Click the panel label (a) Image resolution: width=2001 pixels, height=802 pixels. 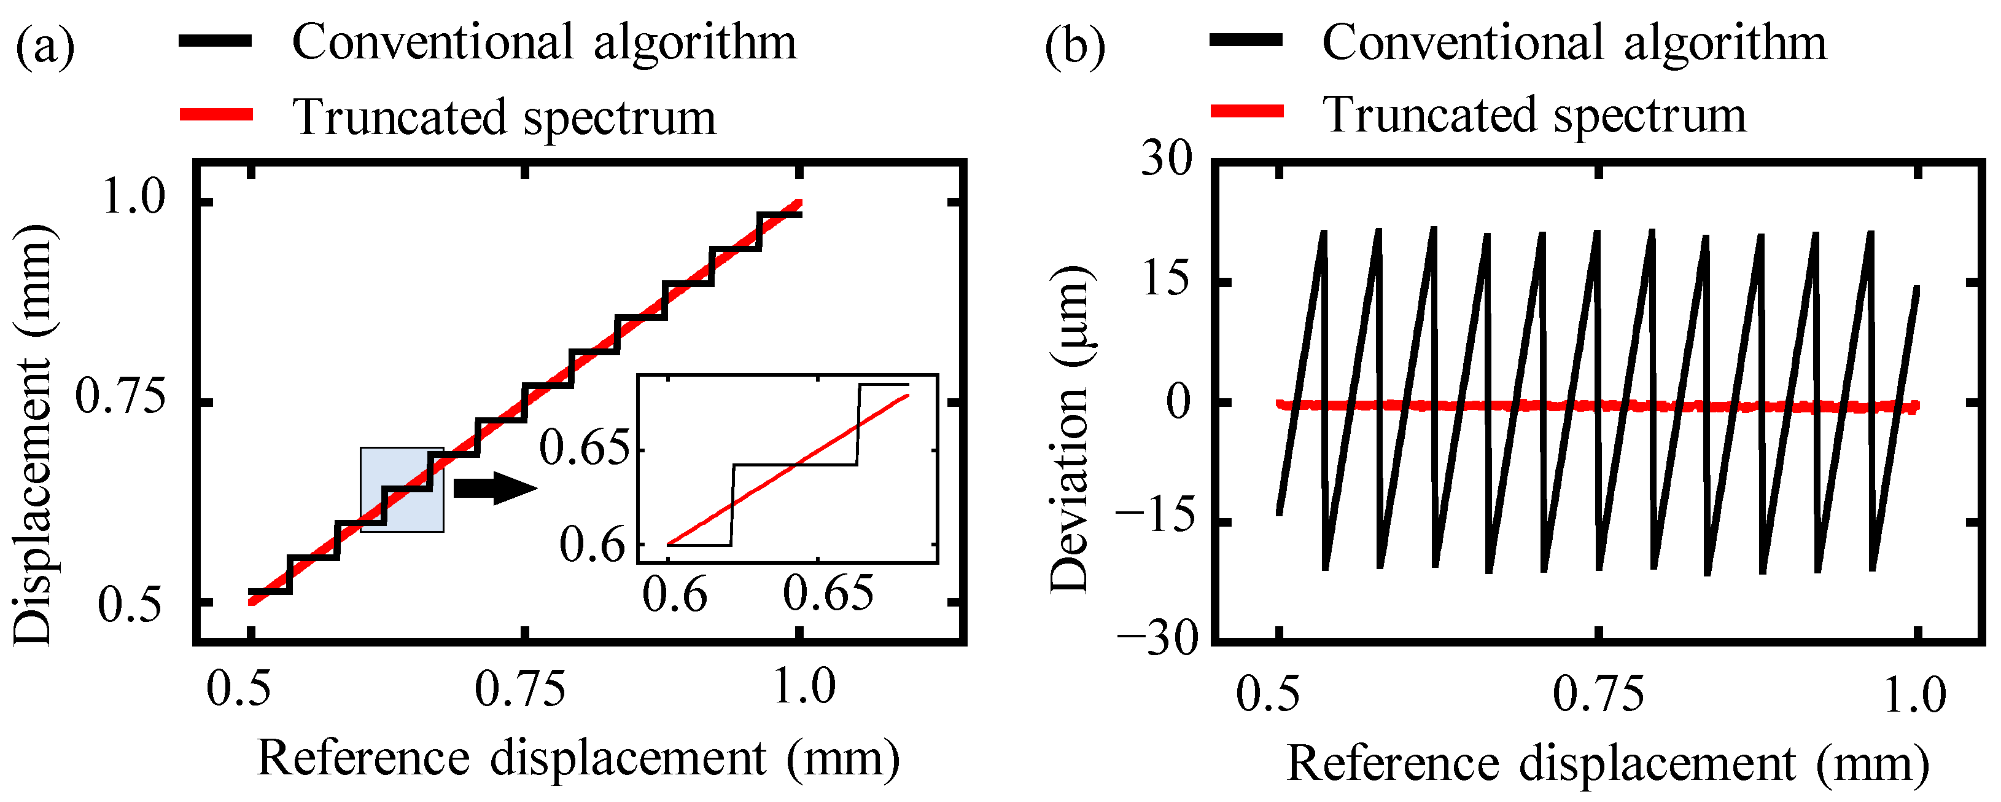[x=45, y=45]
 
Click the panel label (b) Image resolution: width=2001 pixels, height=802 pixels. [x=1074, y=45]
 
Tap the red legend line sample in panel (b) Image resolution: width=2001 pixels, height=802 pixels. [x=1246, y=112]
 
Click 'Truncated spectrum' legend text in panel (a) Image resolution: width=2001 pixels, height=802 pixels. [x=504, y=117]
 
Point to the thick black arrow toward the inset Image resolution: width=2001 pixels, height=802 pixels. [x=495, y=488]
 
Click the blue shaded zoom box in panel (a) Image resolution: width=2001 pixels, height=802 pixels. [x=402, y=490]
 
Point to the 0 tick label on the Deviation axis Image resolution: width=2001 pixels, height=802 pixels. [x=1178, y=403]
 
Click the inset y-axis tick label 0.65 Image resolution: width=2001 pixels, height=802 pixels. [x=583, y=449]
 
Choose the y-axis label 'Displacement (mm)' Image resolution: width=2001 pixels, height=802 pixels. [x=33, y=435]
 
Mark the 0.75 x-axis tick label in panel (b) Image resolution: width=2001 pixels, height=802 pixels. [x=1599, y=693]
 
